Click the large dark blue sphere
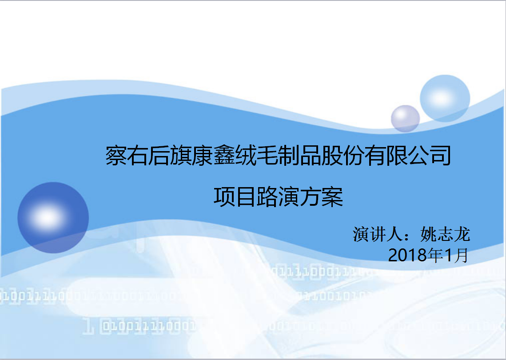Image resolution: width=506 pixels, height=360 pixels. coord(53,218)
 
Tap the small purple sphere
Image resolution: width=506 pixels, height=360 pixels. coord(405,119)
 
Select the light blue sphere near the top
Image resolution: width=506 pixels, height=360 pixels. coord(445,99)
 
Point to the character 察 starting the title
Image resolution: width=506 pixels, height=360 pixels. coord(116,156)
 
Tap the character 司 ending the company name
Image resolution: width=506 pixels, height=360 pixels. coord(441,156)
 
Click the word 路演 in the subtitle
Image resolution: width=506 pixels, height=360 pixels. coord(278,196)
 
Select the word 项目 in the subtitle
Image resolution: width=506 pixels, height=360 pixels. coord(235,196)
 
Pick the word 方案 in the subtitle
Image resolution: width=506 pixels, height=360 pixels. coord(321,196)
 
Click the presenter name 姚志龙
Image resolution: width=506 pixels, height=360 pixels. coord(445,234)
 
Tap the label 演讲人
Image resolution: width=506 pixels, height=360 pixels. coord(378,234)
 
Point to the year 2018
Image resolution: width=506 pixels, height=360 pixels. coord(407,256)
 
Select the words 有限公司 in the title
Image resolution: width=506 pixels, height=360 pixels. coord(408,156)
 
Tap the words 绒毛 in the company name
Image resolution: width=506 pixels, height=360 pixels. coord(246,156)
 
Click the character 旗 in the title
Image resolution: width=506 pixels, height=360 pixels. coord(181,156)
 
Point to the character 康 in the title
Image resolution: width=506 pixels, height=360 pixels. coord(203,156)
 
